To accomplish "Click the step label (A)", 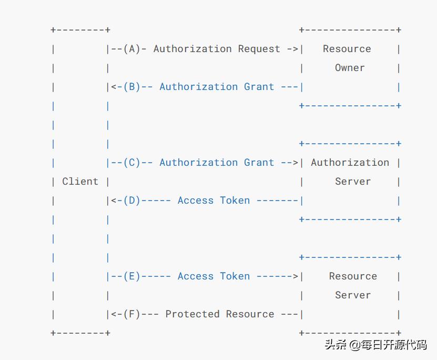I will point(131,49).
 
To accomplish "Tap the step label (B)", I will point(131,87).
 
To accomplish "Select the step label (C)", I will point(131,163).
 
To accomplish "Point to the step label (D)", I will point(131,201).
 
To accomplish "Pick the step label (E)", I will point(131,276).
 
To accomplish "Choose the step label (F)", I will point(131,314).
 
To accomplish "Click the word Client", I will point(80,182).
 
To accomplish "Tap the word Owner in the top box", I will point(350,68).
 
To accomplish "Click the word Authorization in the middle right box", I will point(350,163).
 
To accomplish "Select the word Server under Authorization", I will point(352,182).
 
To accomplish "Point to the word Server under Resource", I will point(352,295).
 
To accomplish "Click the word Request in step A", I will point(259,49).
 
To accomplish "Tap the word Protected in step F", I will point(192,314).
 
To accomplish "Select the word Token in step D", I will point(235,201).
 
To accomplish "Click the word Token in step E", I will point(235,276).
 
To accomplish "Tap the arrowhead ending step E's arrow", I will point(295,276).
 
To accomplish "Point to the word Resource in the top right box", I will point(347,49).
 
